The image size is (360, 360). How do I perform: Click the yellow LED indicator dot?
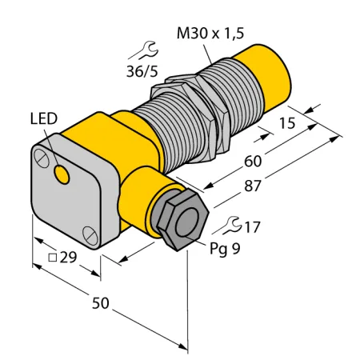coord(62,174)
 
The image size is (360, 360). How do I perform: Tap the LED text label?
coord(44,119)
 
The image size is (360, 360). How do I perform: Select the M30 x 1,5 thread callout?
coord(210,34)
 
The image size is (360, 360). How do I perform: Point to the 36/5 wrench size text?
coord(142,71)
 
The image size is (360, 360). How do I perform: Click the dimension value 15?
coord(287,123)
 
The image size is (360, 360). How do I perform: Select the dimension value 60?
coord(253,162)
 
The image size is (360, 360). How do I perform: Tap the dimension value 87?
coord(252,186)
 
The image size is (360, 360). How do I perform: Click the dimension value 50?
coord(101,303)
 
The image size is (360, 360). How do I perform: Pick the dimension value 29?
coord(68,257)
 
